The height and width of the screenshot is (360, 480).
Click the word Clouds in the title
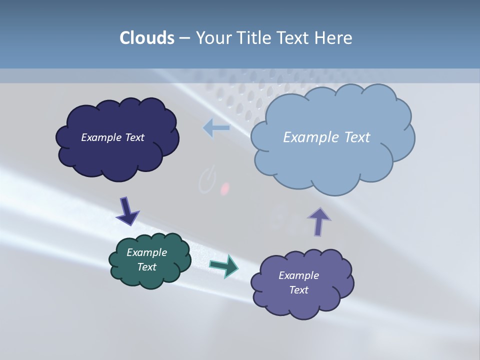(146, 38)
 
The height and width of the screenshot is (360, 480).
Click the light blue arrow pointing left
(216, 128)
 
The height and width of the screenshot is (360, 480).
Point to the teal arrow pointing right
(224, 265)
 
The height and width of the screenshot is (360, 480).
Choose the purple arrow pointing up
(318, 221)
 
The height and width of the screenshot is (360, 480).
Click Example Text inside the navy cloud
(112, 137)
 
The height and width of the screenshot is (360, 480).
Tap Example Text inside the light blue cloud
(326, 137)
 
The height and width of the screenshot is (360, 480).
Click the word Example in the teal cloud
(146, 252)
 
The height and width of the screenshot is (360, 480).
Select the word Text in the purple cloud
(298, 290)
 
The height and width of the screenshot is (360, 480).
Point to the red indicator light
(225, 188)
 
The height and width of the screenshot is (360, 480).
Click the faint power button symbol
(206, 181)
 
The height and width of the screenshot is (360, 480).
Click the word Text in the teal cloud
(146, 267)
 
